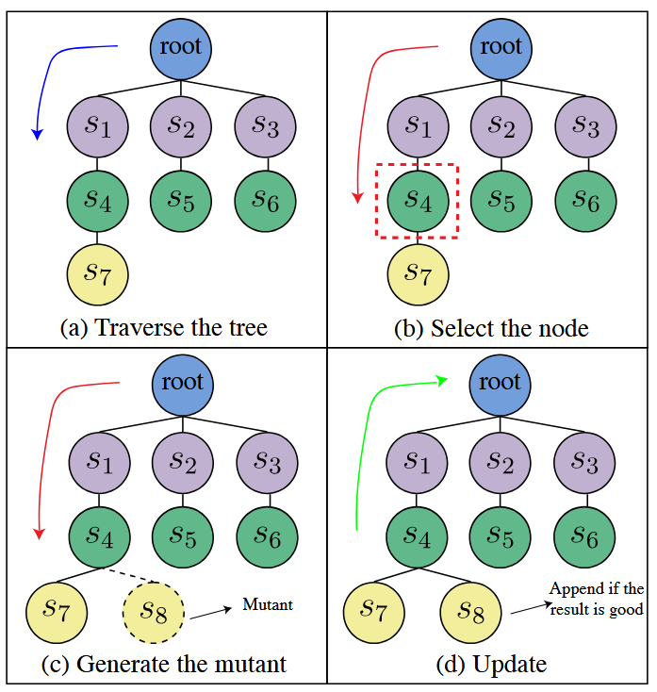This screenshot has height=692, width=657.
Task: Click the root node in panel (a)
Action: pyautogui.click(x=182, y=45)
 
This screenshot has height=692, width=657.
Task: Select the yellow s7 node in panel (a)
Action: pyautogui.click(x=97, y=273)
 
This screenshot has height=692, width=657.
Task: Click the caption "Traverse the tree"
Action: pyautogui.click(x=163, y=327)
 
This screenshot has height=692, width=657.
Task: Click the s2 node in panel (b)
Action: pyautogui.click(x=502, y=125)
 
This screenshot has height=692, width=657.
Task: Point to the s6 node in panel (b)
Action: pyautogui.click(x=586, y=200)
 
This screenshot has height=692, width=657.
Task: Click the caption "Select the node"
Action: pyautogui.click(x=490, y=327)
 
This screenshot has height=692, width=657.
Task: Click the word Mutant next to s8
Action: pyautogui.click(x=268, y=604)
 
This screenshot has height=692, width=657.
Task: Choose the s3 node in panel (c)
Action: pyautogui.click(x=267, y=462)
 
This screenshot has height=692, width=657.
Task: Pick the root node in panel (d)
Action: pyautogui.click(x=501, y=382)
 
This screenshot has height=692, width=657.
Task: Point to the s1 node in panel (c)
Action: pyautogui.click(x=98, y=462)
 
